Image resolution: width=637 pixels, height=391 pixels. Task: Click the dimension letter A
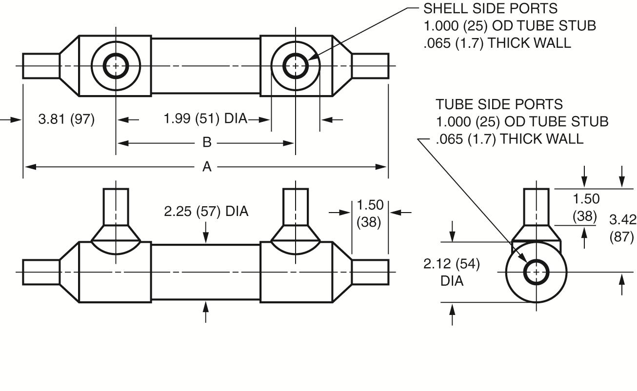(x=207, y=167)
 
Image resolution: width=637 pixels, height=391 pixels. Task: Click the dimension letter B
(x=207, y=142)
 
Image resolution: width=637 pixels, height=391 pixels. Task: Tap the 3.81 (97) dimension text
(x=66, y=119)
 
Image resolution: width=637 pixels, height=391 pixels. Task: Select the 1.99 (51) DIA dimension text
(x=205, y=118)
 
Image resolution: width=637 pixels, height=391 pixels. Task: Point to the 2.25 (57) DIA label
(x=206, y=212)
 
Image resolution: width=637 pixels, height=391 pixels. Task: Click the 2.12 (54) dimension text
(x=452, y=264)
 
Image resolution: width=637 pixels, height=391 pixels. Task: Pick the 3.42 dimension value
(x=623, y=220)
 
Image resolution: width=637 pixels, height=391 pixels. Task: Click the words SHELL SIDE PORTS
(x=491, y=8)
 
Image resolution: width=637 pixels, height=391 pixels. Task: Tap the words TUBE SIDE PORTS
(x=499, y=104)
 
